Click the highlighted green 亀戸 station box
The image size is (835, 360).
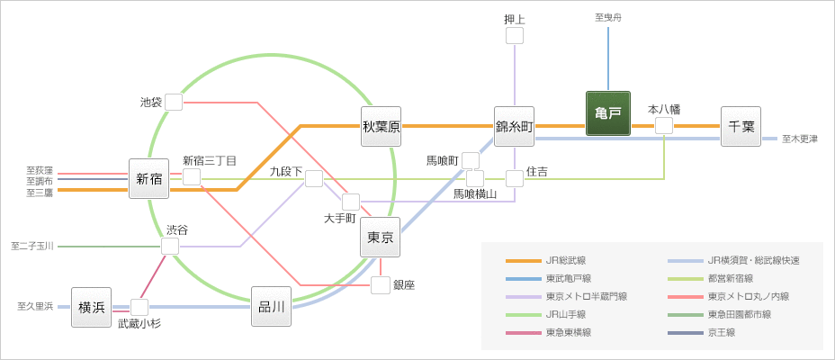click(607, 113)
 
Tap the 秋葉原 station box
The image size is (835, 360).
click(381, 127)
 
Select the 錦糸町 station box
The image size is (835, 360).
click(515, 127)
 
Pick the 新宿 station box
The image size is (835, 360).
click(148, 178)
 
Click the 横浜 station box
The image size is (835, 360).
click(91, 307)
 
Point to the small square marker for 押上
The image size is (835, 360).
click(515, 35)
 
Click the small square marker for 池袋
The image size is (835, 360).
click(174, 102)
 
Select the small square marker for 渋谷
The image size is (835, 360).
click(170, 246)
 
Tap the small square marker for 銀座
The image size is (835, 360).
click(381, 285)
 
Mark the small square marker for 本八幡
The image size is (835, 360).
click(664, 125)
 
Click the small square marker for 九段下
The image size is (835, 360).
click(313, 178)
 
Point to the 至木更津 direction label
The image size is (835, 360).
click(799, 139)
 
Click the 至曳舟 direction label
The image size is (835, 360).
click(608, 17)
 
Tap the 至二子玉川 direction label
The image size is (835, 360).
click(33, 246)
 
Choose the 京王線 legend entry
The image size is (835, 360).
click(721, 332)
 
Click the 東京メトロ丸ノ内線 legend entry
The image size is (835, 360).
click(748, 296)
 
